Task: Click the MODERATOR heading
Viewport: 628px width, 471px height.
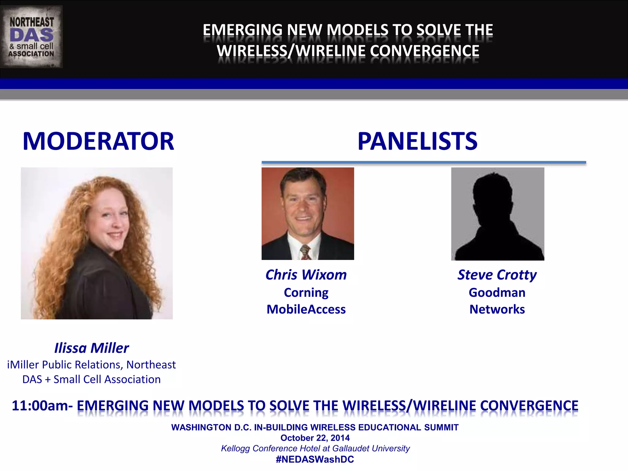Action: pos(98,141)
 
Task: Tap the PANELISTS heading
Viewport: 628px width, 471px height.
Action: pos(417,141)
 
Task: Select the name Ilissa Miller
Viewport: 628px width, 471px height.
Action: pos(91,348)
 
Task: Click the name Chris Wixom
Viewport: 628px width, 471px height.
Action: pos(306,275)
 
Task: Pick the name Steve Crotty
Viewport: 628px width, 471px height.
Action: pos(497,275)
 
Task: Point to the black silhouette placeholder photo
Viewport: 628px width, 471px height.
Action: pos(497,214)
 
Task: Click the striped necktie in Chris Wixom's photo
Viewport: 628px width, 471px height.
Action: pos(305,252)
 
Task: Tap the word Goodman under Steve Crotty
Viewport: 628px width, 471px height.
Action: pos(497,293)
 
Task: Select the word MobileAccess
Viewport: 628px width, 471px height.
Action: pos(306,309)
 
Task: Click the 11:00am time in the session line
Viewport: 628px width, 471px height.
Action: pos(40,406)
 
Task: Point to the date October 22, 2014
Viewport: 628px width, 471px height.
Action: pos(315,438)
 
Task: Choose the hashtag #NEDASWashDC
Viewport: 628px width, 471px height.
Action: pos(315,459)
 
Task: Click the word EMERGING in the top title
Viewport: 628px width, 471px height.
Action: pos(242,30)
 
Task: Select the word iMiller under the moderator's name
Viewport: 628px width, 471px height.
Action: pos(23,365)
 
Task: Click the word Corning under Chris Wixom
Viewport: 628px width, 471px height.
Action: pos(306,293)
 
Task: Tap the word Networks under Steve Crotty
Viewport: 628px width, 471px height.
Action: pos(497,309)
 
